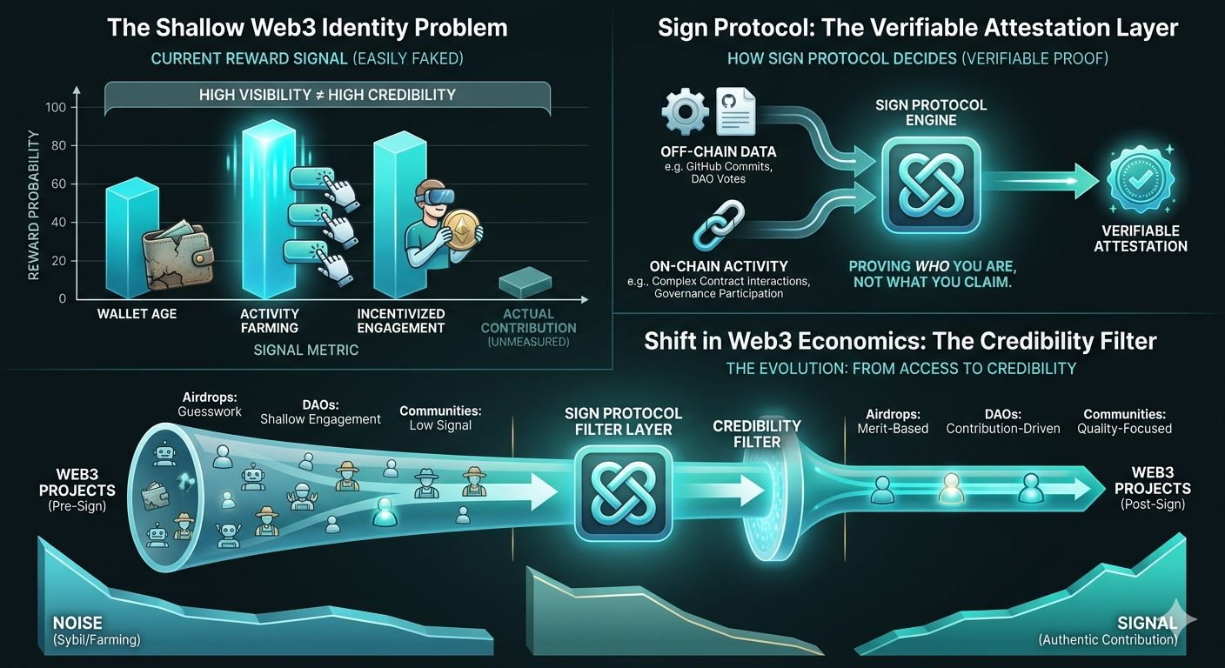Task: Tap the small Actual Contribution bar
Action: tap(525, 284)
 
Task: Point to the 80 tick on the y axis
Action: tap(60, 145)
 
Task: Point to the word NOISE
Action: tap(77, 623)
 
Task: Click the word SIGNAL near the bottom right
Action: tap(1148, 623)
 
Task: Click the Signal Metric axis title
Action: tap(306, 350)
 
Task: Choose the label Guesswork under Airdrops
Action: tap(210, 411)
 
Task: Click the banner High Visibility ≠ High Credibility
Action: tap(326, 94)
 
